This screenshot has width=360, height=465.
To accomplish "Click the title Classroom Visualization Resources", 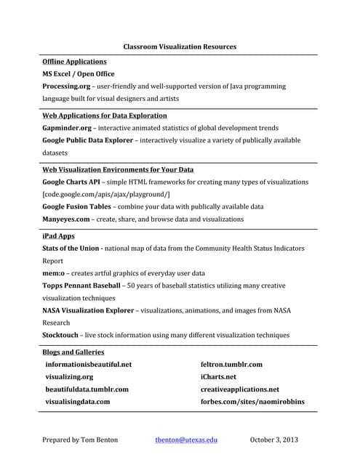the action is point(180,46).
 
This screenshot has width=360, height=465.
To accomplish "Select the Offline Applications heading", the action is point(74,62).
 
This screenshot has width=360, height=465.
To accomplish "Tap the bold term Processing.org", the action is point(66,86).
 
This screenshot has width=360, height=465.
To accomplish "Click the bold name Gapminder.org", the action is point(66,128).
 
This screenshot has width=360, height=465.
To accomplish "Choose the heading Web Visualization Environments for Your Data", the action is point(118,170).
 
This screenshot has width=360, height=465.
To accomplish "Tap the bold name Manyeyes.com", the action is point(66,219).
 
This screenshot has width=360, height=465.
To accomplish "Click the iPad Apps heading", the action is point(58,236).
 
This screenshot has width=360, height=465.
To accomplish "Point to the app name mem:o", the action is point(55,273).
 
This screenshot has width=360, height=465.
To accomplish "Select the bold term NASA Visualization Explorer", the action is point(89,310).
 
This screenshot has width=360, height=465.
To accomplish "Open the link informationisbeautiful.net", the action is point(88,365).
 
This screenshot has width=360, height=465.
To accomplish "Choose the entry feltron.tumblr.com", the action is point(231,365).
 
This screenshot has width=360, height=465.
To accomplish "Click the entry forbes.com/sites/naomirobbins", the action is point(252,402).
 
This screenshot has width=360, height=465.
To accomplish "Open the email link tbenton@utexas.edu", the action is point(186,440).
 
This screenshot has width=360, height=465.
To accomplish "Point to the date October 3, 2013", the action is point(274,440).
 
